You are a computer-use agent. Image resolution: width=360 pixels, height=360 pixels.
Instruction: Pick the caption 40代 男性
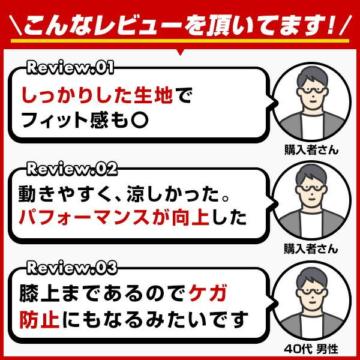(x=311, y=349)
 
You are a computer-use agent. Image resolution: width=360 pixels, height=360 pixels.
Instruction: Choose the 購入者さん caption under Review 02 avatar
(x=311, y=248)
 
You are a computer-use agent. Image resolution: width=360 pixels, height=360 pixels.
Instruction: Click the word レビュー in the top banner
(x=131, y=26)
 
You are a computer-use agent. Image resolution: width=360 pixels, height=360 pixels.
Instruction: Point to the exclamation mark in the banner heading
(x=328, y=25)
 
